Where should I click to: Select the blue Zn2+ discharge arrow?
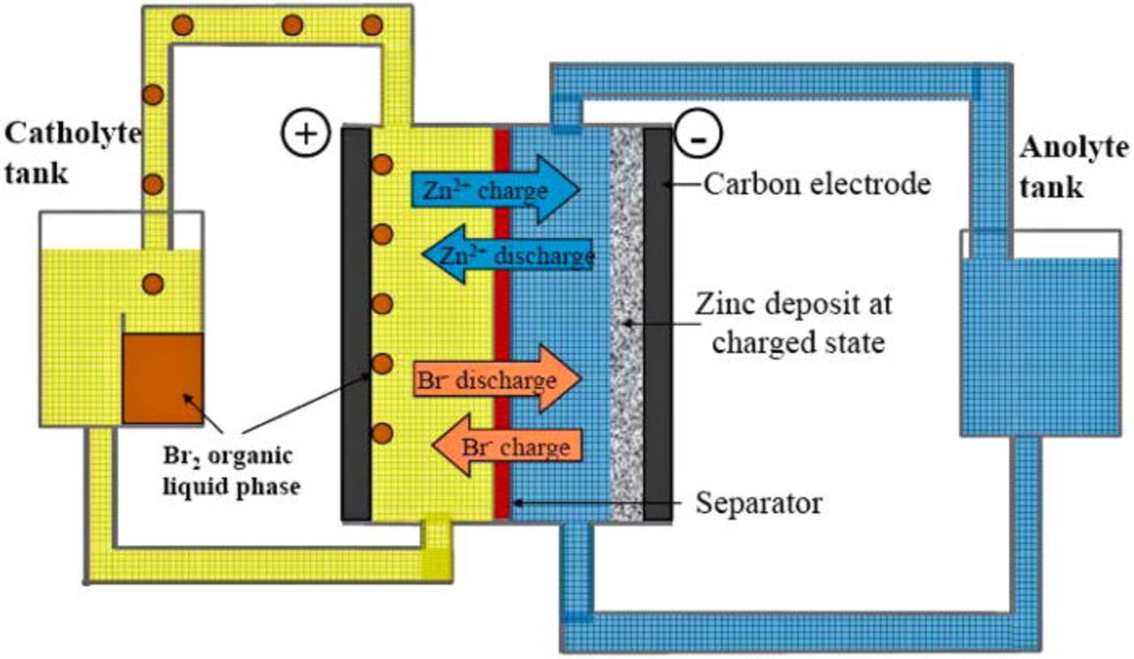click(x=507, y=256)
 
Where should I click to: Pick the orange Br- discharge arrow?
click(x=496, y=380)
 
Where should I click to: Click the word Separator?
click(x=758, y=503)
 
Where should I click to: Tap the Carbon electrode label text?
click(x=818, y=183)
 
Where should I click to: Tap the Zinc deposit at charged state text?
click(x=794, y=322)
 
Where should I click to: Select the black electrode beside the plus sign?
click(x=356, y=323)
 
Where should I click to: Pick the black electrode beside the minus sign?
click(x=657, y=323)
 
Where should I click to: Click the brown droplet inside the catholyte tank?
click(x=153, y=283)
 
